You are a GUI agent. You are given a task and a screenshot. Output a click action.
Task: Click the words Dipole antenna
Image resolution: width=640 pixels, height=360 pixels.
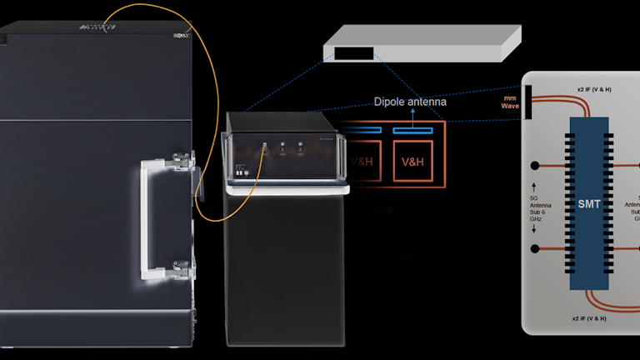(409, 102)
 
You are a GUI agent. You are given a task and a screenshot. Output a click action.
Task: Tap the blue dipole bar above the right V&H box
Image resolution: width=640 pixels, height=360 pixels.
(412, 131)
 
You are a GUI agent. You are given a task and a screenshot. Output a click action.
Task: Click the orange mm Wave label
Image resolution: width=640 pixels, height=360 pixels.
(510, 102)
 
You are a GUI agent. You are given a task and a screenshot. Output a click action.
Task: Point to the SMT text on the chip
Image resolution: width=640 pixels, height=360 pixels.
(589, 203)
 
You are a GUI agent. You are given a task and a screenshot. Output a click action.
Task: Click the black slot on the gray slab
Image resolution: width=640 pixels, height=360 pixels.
(353, 53)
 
